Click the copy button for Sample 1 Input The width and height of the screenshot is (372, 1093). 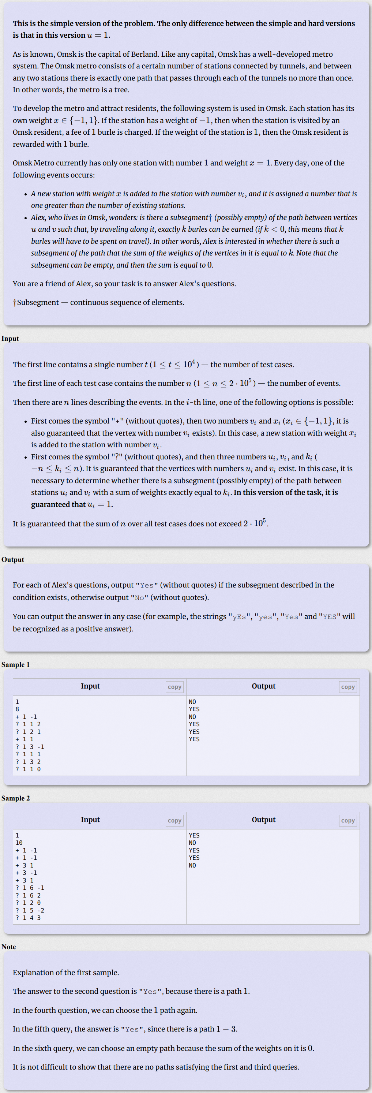[x=174, y=687]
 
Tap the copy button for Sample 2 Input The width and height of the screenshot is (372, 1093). [x=174, y=821]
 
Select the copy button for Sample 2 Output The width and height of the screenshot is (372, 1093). [x=348, y=821]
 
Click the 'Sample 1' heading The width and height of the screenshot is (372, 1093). [x=16, y=664]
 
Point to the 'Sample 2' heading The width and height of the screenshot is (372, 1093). [x=16, y=798]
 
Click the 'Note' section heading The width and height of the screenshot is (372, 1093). [x=8, y=947]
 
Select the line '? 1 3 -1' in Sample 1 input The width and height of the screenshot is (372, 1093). [x=30, y=747]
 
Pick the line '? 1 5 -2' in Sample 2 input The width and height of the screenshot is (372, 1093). [x=30, y=910]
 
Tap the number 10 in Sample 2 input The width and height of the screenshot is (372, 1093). [x=19, y=843]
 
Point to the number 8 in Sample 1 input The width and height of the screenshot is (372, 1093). [x=18, y=709]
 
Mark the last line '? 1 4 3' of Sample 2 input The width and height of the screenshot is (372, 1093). [x=28, y=918]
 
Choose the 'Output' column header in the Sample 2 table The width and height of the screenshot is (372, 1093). [x=263, y=820]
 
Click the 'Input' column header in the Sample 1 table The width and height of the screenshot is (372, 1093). [x=90, y=686]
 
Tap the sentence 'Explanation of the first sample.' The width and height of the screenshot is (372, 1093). [x=66, y=973]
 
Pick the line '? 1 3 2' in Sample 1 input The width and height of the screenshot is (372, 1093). [x=28, y=762]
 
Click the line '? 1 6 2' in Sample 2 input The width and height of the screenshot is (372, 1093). [x=28, y=895]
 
